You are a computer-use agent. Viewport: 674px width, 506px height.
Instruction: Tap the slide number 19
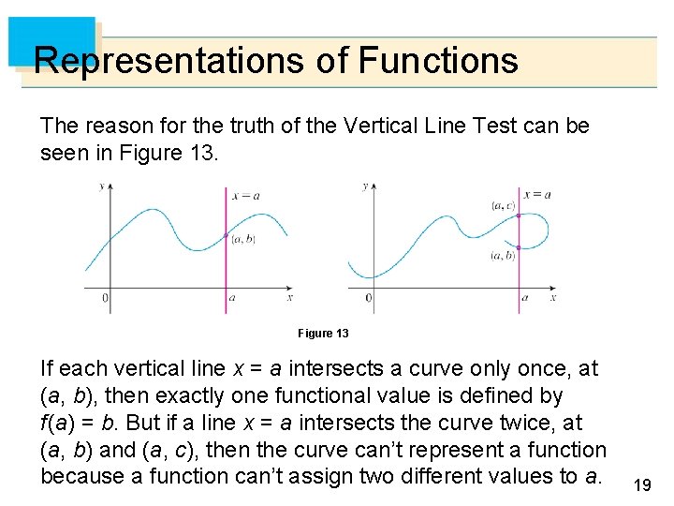642,484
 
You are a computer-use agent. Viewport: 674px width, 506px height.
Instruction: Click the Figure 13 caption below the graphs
323,334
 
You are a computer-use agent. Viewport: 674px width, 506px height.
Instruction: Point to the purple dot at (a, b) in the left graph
226,235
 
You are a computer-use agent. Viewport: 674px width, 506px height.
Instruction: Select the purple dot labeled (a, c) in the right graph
520,216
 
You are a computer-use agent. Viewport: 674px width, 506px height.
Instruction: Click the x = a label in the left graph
245,195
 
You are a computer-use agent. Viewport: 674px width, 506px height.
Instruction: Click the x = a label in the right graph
537,195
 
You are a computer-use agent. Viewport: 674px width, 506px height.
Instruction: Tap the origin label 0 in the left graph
104,299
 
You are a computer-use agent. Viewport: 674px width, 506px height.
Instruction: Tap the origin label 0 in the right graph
368,299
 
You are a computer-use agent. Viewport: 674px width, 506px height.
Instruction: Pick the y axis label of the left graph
101,186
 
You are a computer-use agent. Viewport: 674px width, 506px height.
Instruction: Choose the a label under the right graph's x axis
524,298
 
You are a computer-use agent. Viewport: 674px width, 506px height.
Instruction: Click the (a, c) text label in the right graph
502,205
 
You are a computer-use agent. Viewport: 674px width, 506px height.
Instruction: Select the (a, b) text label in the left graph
242,240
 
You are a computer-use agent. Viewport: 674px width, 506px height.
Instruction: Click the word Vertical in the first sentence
326,126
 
